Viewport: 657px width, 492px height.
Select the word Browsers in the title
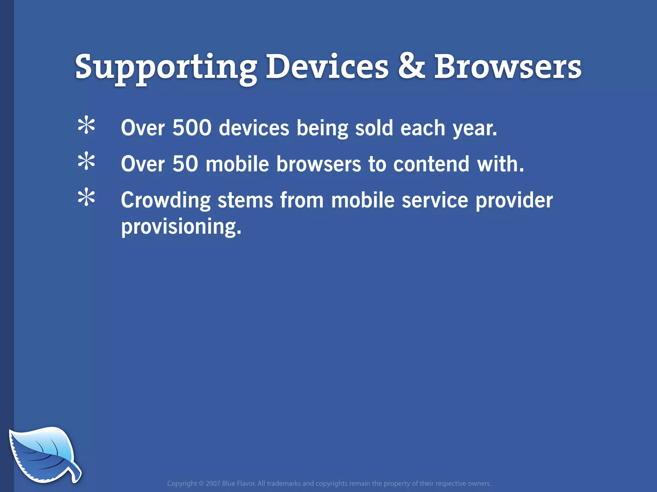pos(508,66)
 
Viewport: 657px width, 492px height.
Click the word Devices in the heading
pos(327,66)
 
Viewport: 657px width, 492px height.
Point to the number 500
pos(192,127)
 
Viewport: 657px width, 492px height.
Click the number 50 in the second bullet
pos(185,164)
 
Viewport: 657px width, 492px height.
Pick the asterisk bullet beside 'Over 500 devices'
pos(86,126)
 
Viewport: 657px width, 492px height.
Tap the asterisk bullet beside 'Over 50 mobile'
pos(86,162)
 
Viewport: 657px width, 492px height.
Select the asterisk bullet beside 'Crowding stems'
pos(86,198)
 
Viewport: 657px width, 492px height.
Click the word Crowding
pos(166,201)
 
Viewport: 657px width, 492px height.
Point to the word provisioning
pos(181,227)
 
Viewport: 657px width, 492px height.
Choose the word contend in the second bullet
pos(431,164)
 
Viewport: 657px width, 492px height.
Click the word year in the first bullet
pos(474,128)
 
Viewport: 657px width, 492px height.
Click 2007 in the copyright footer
pos(213,483)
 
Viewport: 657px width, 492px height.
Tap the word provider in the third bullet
pos(514,201)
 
